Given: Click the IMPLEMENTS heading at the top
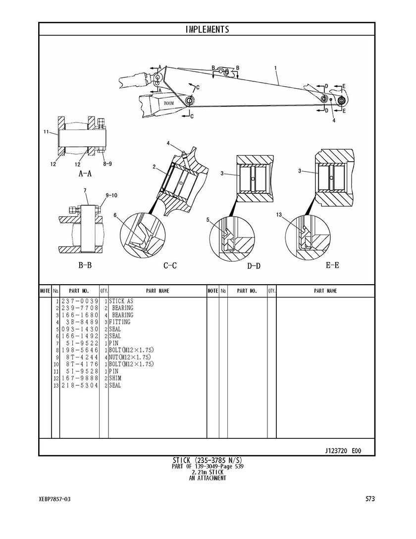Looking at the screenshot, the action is point(207,29).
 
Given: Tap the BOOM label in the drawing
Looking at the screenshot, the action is point(169,103).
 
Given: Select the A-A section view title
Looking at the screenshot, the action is point(85,174).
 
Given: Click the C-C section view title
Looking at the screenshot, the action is point(170,265).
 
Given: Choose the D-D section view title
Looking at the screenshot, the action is point(254,266).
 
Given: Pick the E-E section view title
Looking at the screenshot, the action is point(332,265).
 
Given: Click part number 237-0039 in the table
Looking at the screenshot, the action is point(80,301).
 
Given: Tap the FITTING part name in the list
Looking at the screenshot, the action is point(120,322).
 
